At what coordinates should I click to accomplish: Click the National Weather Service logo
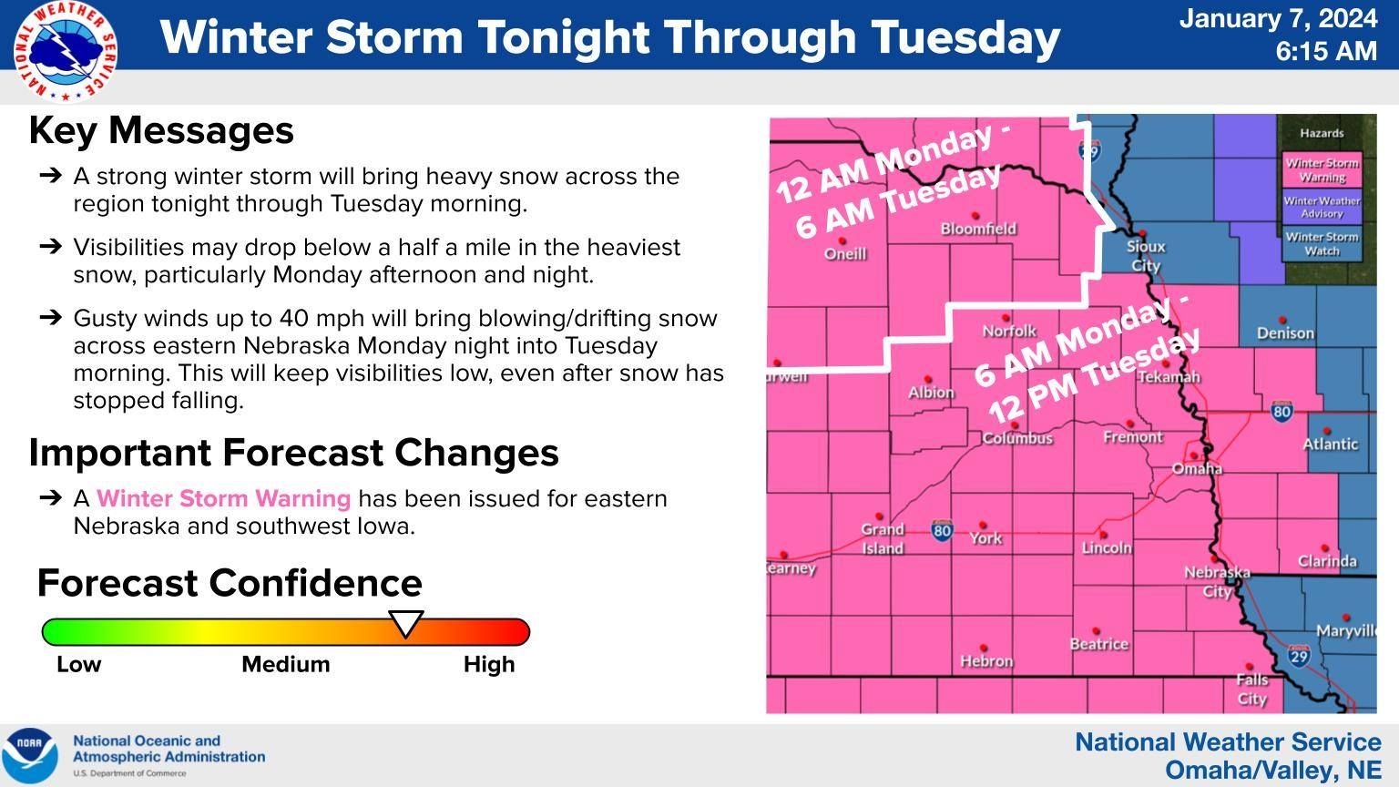[64, 51]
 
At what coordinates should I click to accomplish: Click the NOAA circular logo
[29, 755]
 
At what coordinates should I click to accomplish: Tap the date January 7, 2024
[1277, 19]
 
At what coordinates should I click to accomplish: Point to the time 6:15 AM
[1325, 51]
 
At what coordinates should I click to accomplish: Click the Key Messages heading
[161, 130]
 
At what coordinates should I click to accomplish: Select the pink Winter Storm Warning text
[223, 499]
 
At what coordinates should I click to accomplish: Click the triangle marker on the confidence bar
[406, 624]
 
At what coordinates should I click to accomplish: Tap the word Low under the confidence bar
[78, 664]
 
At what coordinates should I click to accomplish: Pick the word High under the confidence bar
[488, 664]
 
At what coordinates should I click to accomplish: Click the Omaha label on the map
[1196, 468]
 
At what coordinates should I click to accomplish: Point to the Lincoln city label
[1106, 547]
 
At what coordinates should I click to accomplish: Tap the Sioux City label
[1145, 256]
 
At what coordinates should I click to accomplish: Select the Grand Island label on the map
[882, 538]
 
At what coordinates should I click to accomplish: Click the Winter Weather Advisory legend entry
[1322, 207]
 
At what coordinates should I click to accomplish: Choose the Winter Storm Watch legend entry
[1322, 243]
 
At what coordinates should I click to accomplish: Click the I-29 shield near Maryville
[1299, 656]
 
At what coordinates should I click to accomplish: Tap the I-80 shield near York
[942, 530]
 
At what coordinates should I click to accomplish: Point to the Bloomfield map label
[978, 229]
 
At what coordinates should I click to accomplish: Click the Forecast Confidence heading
[230, 583]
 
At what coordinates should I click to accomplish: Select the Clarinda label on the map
[1326, 561]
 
